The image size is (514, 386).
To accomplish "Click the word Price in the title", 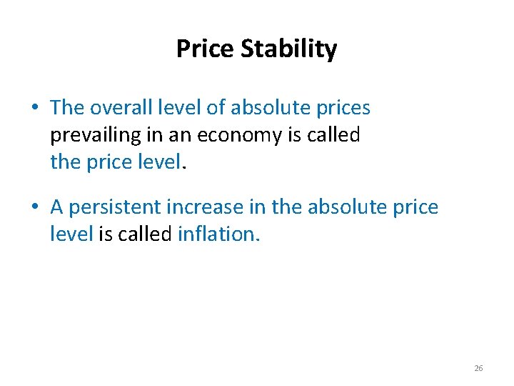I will (206, 49).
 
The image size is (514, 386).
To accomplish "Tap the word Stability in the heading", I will (289, 50).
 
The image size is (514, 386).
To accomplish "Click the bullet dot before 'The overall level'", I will (35, 108).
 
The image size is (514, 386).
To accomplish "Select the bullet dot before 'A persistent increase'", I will (35, 207).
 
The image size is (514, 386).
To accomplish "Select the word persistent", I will (115, 207).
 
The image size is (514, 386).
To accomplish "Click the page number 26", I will (478, 368).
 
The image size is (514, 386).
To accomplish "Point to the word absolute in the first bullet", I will (269, 108).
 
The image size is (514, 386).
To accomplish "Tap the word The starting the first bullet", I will (67, 108).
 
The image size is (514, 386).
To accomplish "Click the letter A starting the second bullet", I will (58, 207).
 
